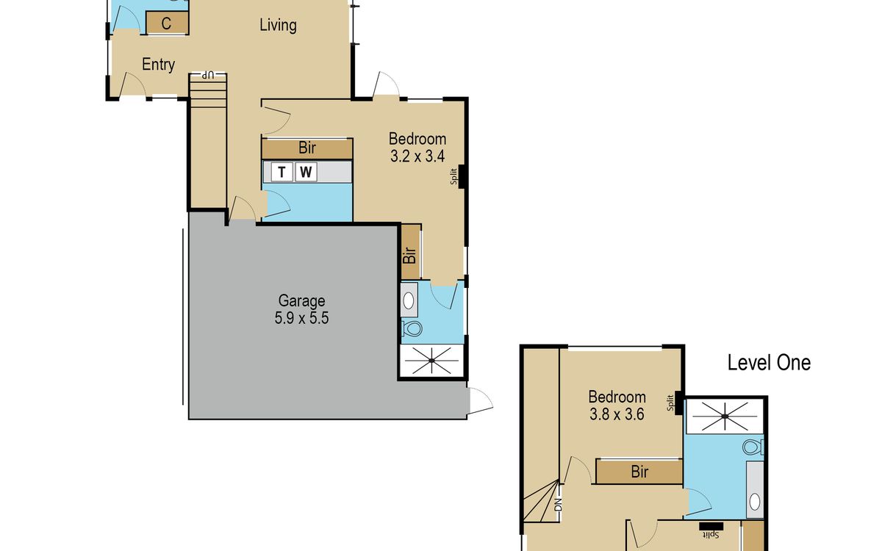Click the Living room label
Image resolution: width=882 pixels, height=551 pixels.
(x=278, y=25)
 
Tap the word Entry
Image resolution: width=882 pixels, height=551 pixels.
(x=158, y=64)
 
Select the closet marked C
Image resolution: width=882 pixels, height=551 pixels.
(x=167, y=24)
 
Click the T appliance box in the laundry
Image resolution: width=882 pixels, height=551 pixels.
(x=282, y=172)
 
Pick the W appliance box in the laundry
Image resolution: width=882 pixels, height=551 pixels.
(x=306, y=172)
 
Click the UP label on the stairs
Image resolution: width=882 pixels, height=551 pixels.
(x=208, y=75)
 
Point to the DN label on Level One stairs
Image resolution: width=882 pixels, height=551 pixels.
(x=558, y=505)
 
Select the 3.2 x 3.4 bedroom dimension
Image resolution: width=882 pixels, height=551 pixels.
(x=417, y=156)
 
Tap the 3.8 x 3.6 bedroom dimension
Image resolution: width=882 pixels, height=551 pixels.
(x=617, y=414)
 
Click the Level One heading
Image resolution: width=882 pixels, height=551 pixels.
(x=769, y=362)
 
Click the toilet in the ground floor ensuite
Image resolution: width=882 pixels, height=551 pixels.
(x=412, y=328)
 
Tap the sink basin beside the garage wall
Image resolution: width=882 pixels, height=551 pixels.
(x=409, y=300)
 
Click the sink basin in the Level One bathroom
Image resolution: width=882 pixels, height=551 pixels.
(x=755, y=502)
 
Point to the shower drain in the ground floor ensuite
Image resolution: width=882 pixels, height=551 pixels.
(x=431, y=361)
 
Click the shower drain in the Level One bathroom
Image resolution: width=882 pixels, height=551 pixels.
(x=725, y=417)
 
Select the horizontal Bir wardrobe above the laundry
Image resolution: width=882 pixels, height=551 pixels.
(x=307, y=148)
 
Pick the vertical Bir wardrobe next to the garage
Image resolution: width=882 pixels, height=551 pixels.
(x=411, y=251)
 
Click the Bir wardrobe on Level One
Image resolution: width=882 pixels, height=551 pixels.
(x=639, y=471)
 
